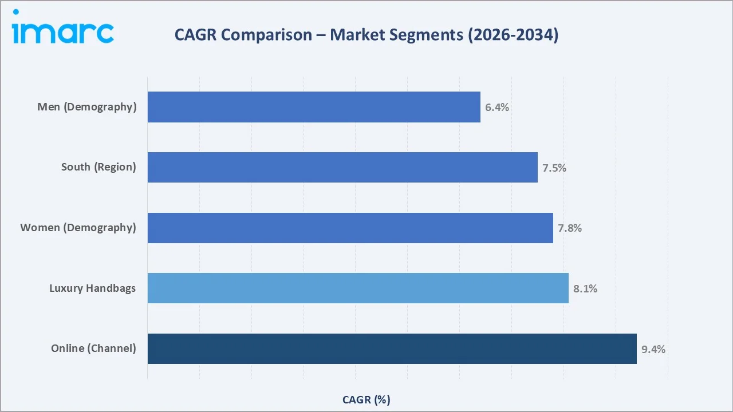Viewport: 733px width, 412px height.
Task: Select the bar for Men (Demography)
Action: click(314, 107)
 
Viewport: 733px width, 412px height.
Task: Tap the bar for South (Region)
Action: click(342, 167)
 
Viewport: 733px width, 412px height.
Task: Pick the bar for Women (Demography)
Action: click(350, 228)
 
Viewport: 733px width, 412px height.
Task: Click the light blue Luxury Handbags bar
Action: click(358, 288)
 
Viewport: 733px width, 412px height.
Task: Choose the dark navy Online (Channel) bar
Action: click(392, 348)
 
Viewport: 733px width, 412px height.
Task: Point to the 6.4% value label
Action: click(497, 107)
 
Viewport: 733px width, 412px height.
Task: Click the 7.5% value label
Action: click(554, 168)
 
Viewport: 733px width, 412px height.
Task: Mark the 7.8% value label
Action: click(570, 228)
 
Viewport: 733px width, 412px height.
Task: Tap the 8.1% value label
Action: click(585, 288)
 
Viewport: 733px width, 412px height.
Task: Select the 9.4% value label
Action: click(653, 349)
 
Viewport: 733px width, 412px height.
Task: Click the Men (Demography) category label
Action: click(87, 107)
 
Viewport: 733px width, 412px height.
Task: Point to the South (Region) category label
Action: click(98, 167)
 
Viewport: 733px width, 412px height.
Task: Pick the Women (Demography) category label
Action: click(78, 228)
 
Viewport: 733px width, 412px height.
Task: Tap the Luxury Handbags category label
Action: click(93, 288)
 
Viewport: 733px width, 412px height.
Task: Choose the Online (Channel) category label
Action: click(93, 348)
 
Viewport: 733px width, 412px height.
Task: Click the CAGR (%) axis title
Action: click(366, 399)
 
